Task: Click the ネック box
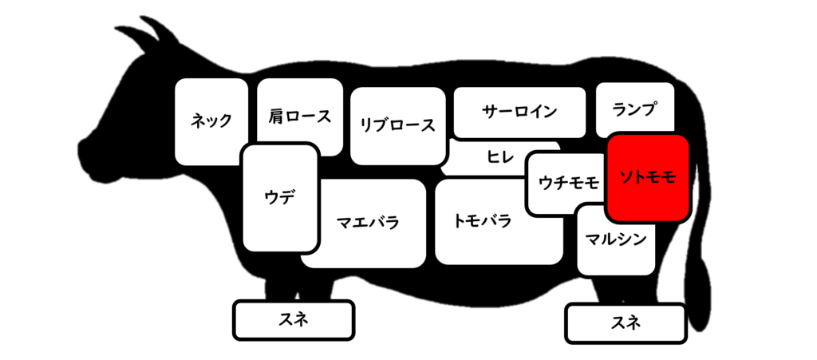(x=211, y=121)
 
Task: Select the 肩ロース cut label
(x=300, y=116)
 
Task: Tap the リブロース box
(x=398, y=125)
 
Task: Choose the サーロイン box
(x=519, y=112)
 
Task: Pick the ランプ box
(x=634, y=110)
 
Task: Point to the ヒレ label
(x=500, y=156)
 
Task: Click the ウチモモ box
(x=567, y=183)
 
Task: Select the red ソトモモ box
(x=648, y=178)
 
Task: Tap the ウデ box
(x=280, y=198)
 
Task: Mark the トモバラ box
(x=499, y=221)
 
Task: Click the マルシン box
(x=616, y=239)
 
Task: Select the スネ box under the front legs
(x=294, y=320)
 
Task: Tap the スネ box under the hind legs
(x=626, y=323)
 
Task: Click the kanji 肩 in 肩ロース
(x=275, y=116)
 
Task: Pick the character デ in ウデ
(x=287, y=198)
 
